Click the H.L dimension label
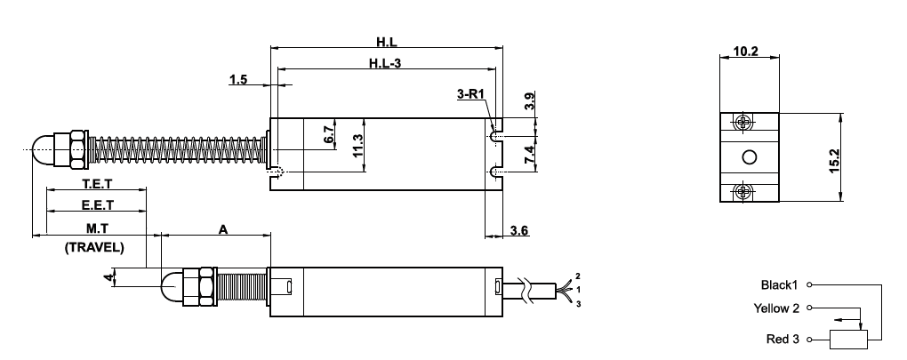point(387,42)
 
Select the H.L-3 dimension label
point(385,63)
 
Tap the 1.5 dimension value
point(237,80)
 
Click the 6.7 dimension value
point(329,134)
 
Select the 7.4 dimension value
point(529,156)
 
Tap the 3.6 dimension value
point(519,230)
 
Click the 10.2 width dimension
point(746,51)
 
